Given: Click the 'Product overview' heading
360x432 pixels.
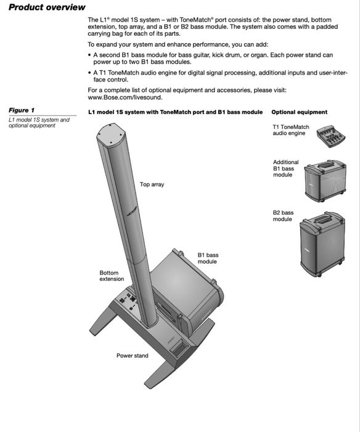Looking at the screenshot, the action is click(x=47, y=7).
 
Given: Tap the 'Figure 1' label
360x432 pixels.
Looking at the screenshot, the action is click(x=22, y=110).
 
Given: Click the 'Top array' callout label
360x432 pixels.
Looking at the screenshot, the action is click(x=152, y=185).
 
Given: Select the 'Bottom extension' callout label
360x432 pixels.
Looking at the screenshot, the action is click(x=112, y=276).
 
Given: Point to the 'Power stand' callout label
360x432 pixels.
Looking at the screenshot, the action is click(x=133, y=355).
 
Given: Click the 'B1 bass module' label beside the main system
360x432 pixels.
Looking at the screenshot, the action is click(x=208, y=259).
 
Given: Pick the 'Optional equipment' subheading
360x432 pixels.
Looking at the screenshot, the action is click(x=300, y=112).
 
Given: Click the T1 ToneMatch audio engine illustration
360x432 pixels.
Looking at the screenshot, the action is click(x=331, y=136).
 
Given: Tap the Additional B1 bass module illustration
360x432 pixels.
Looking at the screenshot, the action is click(x=325, y=180).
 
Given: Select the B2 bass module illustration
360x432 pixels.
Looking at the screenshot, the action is click(x=322, y=244).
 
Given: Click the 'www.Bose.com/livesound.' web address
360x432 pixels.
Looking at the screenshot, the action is click(x=125, y=98).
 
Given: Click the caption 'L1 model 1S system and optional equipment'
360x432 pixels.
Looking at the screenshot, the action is click(x=39, y=123).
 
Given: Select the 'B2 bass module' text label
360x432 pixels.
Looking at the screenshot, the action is click(x=283, y=216).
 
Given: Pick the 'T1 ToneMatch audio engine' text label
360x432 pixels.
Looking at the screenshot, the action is click(x=291, y=130).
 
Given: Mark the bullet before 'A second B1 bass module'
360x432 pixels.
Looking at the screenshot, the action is click(x=89, y=55).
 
